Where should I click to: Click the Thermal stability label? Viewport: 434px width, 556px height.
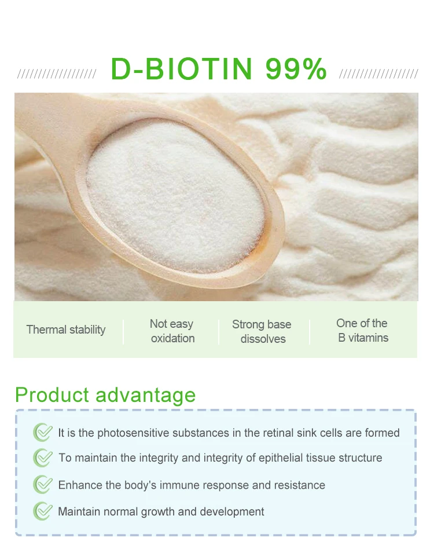(66, 330)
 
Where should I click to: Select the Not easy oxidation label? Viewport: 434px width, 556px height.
(172, 331)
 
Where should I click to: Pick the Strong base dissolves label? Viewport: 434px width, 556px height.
(262, 331)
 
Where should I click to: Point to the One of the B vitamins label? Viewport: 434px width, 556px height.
(362, 330)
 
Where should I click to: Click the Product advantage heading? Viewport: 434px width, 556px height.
(105, 395)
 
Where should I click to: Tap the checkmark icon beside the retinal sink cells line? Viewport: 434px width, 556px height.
(42, 432)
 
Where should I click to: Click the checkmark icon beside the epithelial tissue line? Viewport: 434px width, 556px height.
(42, 458)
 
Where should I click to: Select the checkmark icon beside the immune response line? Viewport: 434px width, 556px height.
(42, 485)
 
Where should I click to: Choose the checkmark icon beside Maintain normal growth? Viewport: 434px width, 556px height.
(42, 511)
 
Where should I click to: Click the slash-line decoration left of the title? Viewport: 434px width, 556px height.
(57, 74)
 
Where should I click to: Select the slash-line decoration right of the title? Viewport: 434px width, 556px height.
(378, 74)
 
